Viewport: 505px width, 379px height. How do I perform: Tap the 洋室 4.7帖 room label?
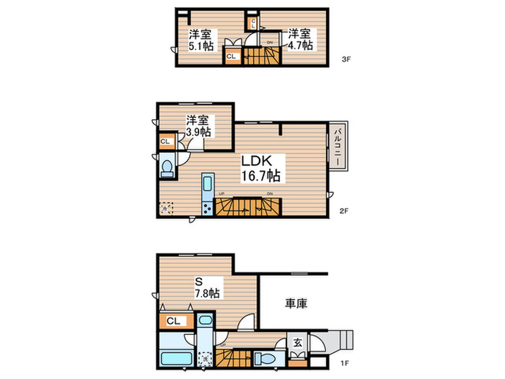(301, 39)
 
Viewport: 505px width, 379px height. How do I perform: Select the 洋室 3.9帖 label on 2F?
(198, 126)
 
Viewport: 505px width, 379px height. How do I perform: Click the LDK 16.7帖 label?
(260, 167)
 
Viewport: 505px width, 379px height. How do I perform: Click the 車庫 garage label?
(295, 304)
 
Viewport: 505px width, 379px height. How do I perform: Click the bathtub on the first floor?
(173, 358)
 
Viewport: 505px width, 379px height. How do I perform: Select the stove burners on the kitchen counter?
(207, 209)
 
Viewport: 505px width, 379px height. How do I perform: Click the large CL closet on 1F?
(173, 321)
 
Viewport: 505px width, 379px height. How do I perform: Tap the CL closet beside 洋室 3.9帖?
(165, 142)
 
